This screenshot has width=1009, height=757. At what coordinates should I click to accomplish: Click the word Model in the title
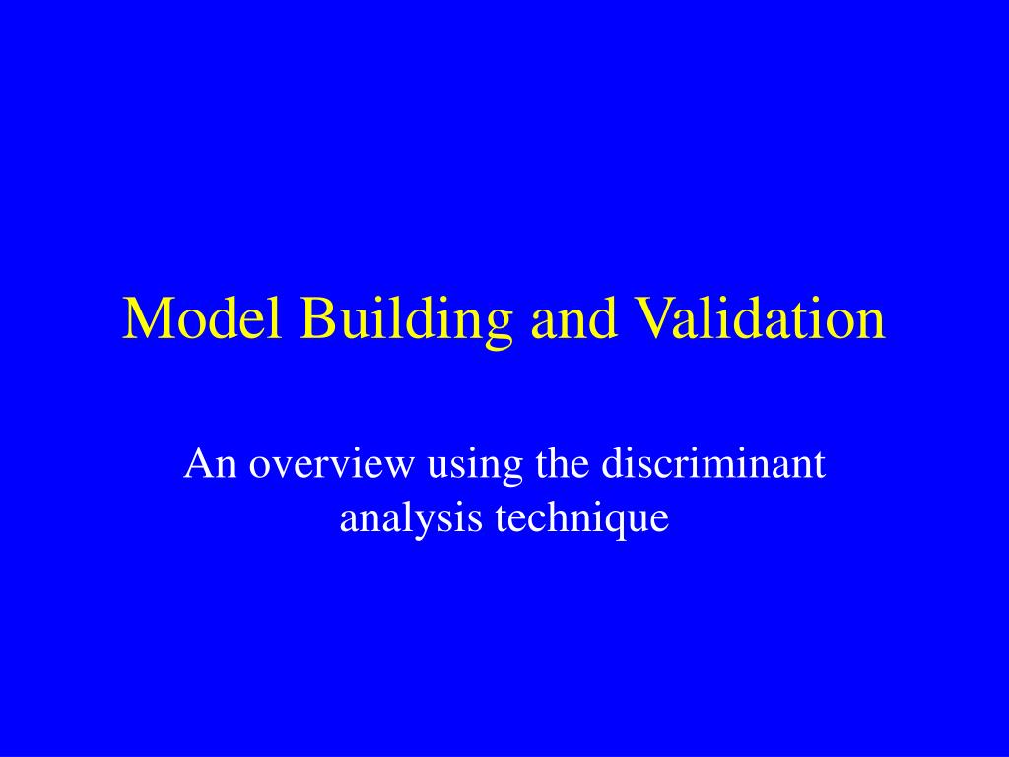coord(202,317)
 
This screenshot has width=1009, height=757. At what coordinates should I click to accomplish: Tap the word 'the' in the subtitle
coord(562,463)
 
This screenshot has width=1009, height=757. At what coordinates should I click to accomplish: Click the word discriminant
coord(713,463)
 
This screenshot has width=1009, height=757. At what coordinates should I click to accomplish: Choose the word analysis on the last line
coord(411,518)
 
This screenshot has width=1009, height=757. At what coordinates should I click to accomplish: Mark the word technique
coord(581,519)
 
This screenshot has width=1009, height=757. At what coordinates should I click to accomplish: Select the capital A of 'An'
coord(197,463)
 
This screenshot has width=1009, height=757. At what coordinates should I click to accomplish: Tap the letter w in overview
coord(400,466)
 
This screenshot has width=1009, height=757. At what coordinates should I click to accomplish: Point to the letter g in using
coord(513,472)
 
